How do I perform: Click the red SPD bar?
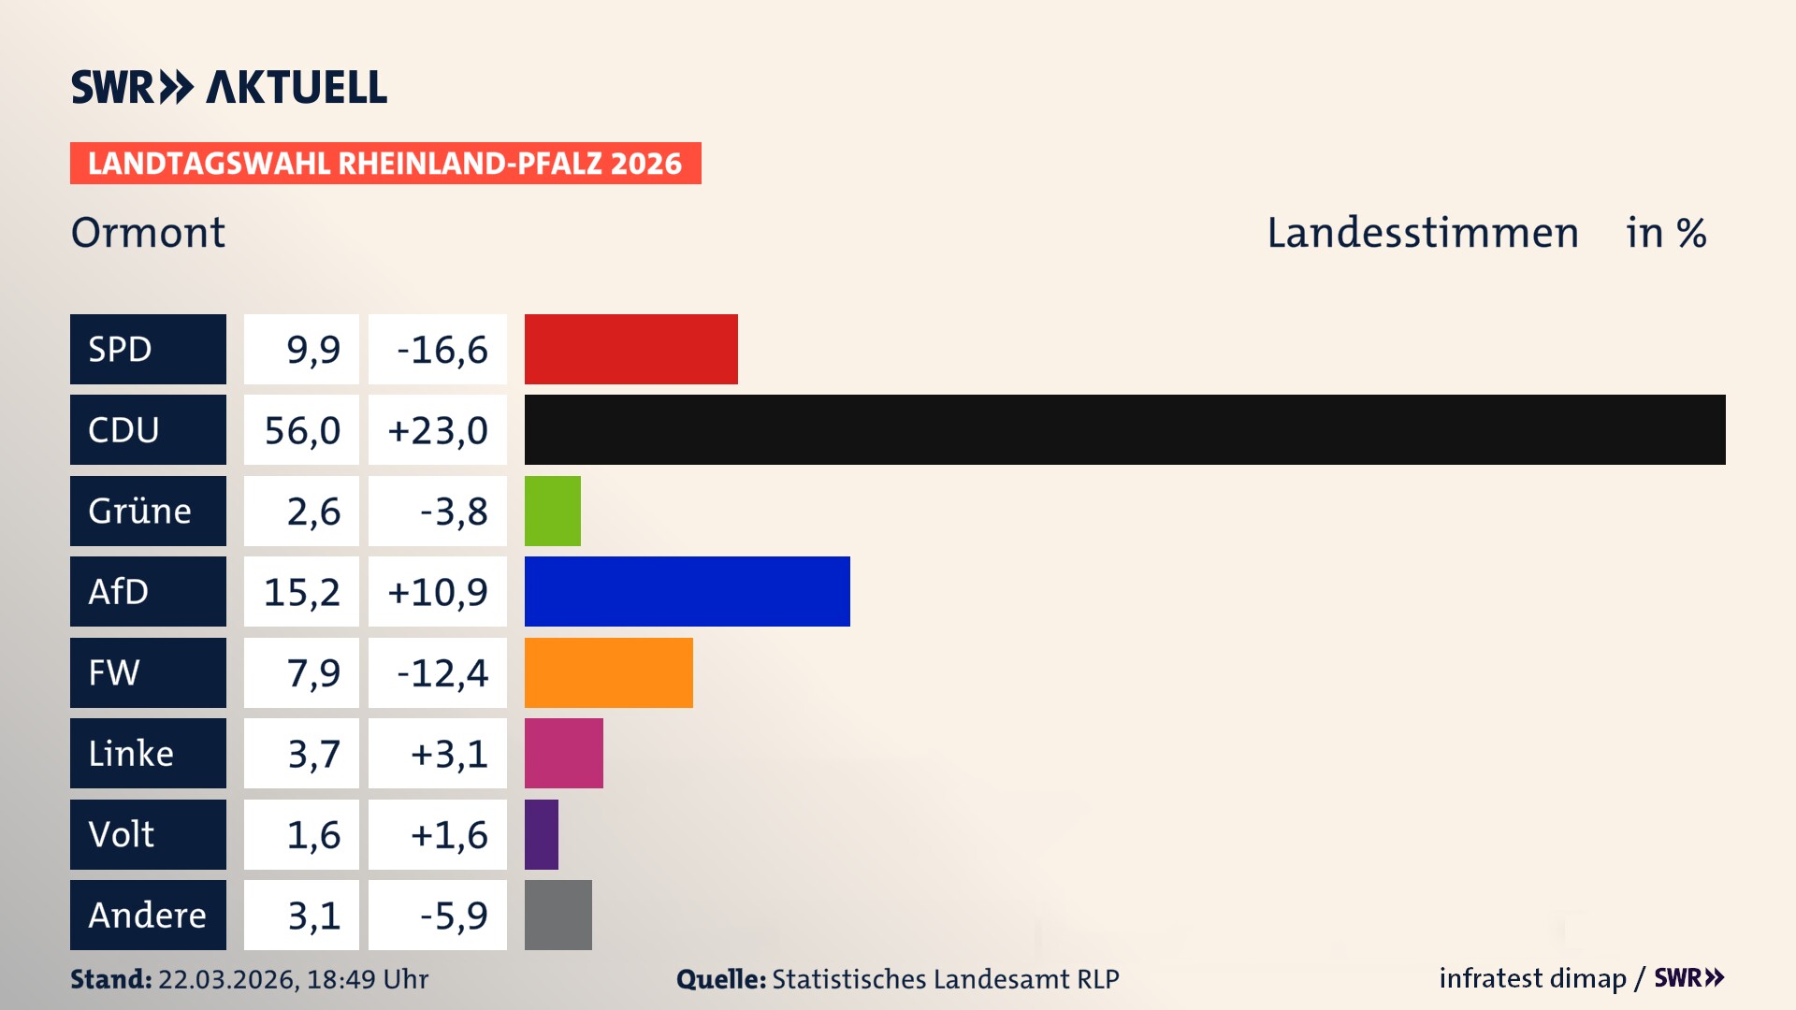point(630,349)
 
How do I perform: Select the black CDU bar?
point(1124,429)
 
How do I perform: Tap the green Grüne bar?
point(552,511)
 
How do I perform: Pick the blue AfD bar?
point(687,591)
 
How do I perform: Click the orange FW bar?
point(608,672)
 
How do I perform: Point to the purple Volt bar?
point(541,834)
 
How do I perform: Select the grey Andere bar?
point(558,915)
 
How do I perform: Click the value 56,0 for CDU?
point(301,430)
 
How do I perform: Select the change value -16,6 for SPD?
point(442,350)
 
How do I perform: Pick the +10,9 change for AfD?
point(438,592)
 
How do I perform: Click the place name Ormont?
point(148,232)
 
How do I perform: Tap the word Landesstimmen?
point(1422,232)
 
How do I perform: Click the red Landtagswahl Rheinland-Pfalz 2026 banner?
point(385,163)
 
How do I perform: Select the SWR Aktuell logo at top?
point(229,87)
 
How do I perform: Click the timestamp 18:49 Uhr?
point(367,979)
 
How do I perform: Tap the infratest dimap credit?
point(1532,978)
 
